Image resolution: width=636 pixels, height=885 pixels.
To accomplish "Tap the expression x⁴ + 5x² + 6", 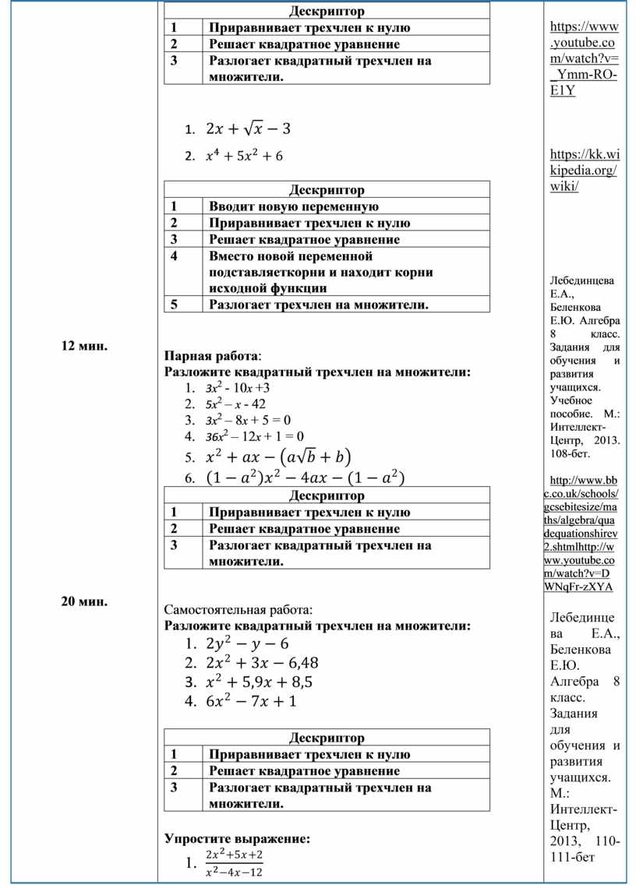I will point(244,156).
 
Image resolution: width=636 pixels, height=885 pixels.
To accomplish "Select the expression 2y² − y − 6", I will point(247,643).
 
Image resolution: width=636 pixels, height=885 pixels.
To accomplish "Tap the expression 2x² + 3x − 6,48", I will point(262,663).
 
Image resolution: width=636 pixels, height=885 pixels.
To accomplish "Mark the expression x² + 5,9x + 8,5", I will point(259,682).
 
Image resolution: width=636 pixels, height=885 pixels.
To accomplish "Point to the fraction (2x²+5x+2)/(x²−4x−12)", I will point(234,863).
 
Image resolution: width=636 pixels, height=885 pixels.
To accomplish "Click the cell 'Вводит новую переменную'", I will point(294,206).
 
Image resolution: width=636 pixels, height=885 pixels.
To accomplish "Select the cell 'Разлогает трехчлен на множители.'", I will point(319,305).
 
